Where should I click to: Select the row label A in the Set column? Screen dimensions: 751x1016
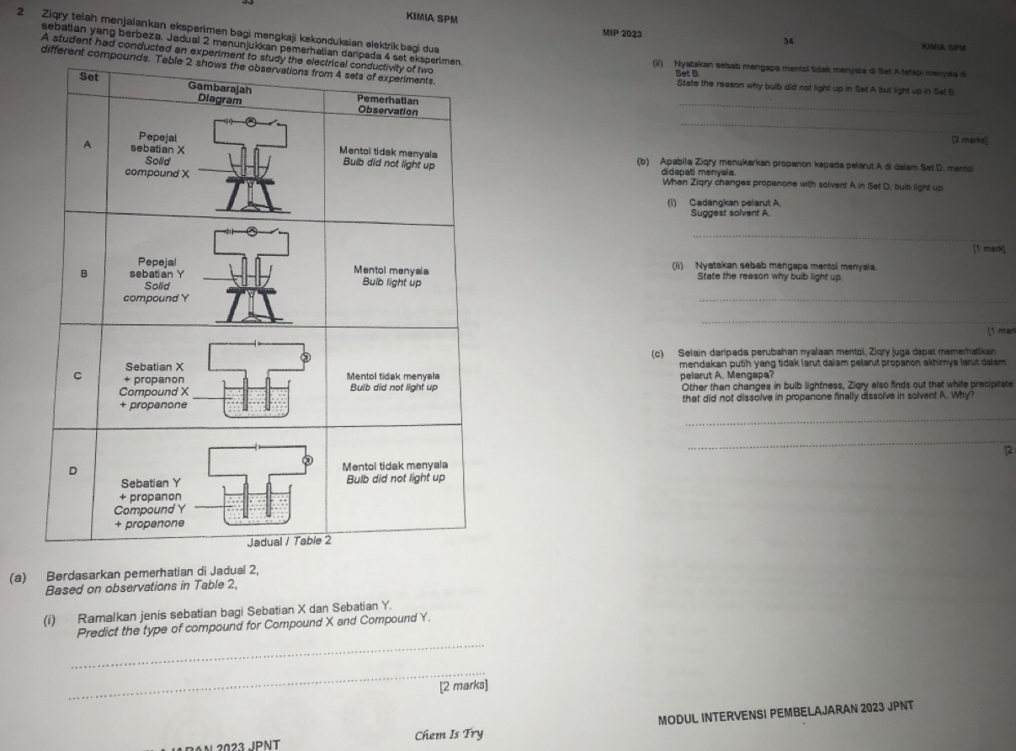click(x=88, y=144)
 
